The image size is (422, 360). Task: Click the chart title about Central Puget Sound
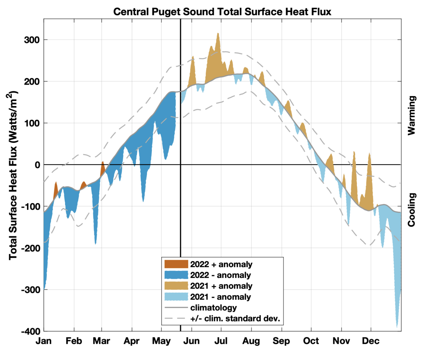[x=222, y=12]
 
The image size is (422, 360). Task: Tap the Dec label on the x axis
[x=371, y=341]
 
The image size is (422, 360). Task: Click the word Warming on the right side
[x=412, y=115]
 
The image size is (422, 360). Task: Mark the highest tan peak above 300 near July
[x=218, y=34]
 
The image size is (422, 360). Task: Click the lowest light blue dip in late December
[x=397, y=326]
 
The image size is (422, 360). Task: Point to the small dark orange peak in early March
[x=103, y=163]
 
